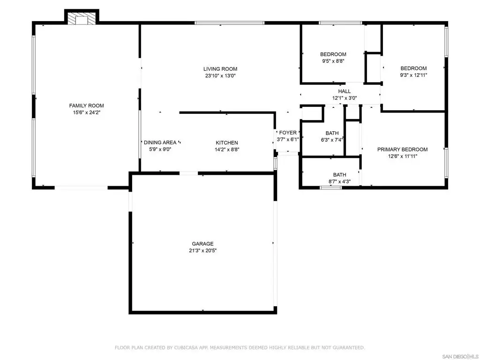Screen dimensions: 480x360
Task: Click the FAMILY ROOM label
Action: (x=86, y=105)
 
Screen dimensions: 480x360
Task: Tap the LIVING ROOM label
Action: (x=220, y=69)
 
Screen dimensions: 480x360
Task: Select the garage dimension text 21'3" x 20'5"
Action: (x=202, y=250)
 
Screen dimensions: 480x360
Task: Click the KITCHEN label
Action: (x=226, y=142)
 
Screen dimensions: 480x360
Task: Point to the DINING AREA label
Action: (x=160, y=142)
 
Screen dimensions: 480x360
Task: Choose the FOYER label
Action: (x=288, y=133)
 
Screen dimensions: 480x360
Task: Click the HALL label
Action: (x=345, y=91)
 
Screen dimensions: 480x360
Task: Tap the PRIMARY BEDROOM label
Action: (x=402, y=150)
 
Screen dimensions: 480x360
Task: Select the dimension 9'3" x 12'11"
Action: (x=413, y=75)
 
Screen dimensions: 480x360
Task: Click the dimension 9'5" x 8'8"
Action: (x=333, y=61)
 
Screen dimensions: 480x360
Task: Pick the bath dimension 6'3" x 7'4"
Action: (x=332, y=140)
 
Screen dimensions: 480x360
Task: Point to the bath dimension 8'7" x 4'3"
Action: (x=339, y=181)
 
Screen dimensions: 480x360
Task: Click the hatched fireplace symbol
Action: (x=82, y=18)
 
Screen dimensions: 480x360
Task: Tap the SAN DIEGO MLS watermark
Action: (x=460, y=357)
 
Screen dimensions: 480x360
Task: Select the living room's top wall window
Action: (x=230, y=23)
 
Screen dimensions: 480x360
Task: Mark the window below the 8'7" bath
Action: (x=330, y=187)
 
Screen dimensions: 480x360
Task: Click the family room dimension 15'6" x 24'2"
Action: (x=86, y=112)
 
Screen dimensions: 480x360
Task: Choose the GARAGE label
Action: (x=202, y=244)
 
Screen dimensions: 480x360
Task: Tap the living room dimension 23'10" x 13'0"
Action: (x=220, y=75)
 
